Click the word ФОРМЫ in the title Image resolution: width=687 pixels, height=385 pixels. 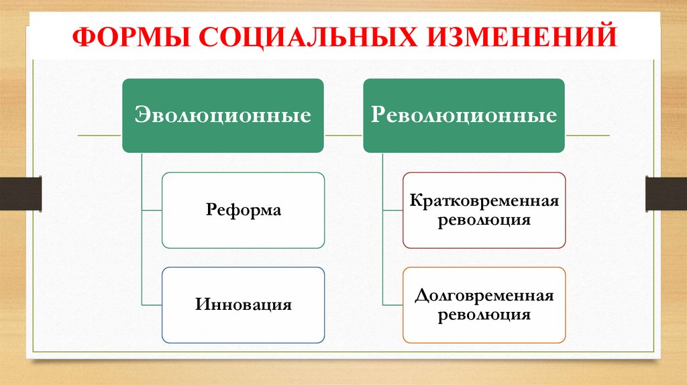point(123,36)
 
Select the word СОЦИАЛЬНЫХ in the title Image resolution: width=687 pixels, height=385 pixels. point(298,36)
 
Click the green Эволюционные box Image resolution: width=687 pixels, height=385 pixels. point(223,115)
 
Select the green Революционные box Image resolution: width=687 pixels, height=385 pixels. point(464,115)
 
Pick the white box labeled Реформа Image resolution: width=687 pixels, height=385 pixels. point(244,211)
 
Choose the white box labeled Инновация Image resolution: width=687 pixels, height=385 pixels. point(244,305)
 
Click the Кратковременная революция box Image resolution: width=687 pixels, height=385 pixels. point(484,211)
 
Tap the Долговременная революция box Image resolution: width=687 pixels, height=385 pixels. point(484,305)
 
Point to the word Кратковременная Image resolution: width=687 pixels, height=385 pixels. point(484,201)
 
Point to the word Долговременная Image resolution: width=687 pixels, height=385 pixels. point(484,296)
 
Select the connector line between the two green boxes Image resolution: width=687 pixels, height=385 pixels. point(343,135)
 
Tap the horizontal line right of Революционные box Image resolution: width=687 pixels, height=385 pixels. point(587,135)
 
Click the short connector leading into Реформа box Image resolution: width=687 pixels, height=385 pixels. point(152,211)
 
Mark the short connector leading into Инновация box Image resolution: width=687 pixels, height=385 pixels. point(152,305)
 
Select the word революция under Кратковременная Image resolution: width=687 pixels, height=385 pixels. point(484,220)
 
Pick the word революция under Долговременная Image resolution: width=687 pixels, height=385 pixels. point(484,315)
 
